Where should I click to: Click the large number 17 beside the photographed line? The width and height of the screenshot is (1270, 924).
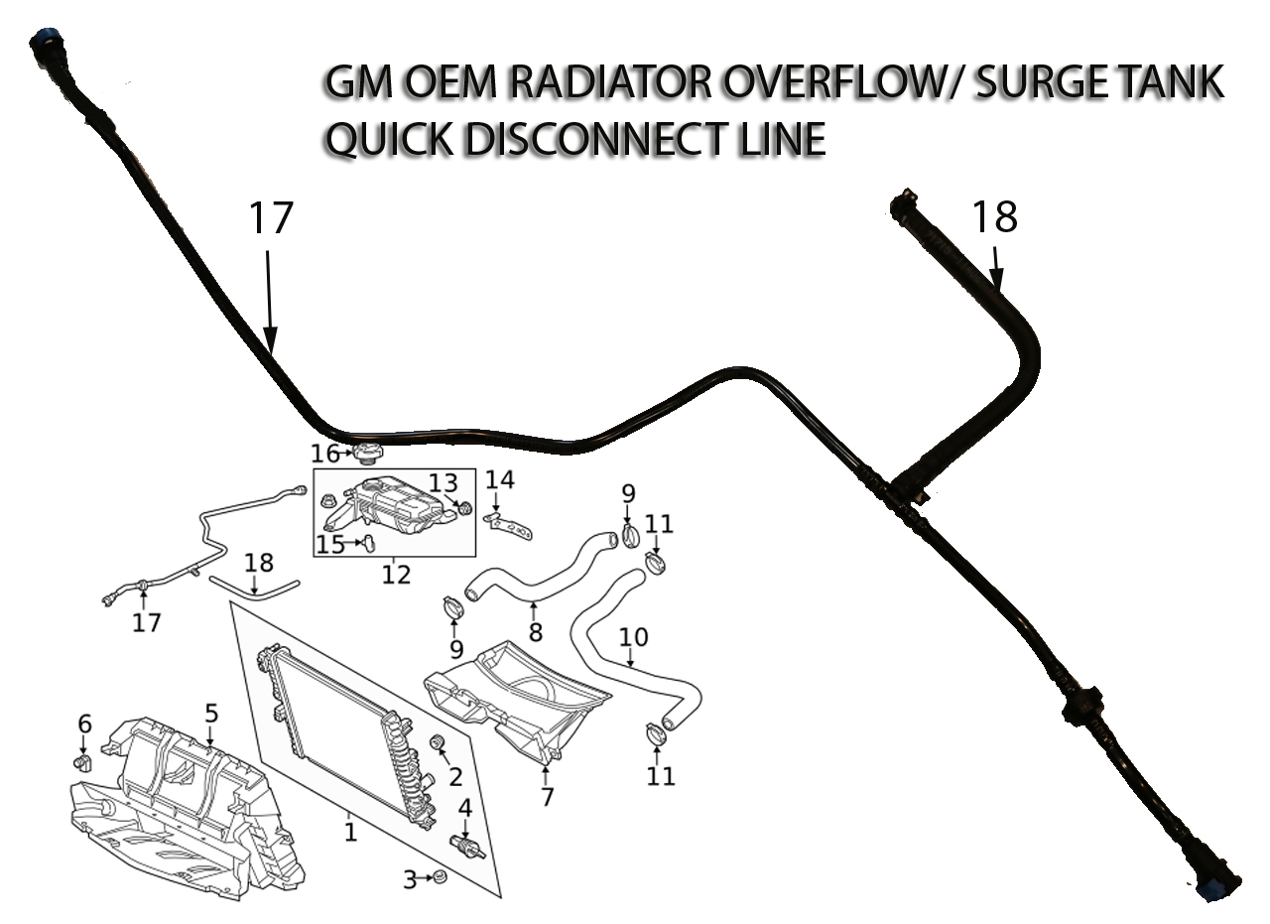click(270, 219)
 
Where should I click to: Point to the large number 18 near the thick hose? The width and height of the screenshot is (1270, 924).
click(994, 216)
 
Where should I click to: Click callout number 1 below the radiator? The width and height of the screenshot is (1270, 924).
click(350, 831)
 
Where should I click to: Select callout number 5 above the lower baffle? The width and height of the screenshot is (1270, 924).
click(211, 713)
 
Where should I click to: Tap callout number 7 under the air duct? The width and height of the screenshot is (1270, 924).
click(547, 797)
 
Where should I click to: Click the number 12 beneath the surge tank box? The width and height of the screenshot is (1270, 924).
click(396, 575)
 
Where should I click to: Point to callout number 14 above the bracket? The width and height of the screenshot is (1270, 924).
click(500, 480)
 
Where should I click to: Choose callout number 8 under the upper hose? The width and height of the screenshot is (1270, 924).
click(536, 631)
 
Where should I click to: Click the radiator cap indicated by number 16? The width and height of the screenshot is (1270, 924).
click(366, 453)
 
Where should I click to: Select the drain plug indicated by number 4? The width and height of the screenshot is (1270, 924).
click(466, 847)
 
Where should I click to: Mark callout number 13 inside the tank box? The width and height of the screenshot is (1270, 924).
click(444, 483)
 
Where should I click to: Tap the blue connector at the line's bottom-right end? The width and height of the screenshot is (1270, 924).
click(1212, 886)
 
